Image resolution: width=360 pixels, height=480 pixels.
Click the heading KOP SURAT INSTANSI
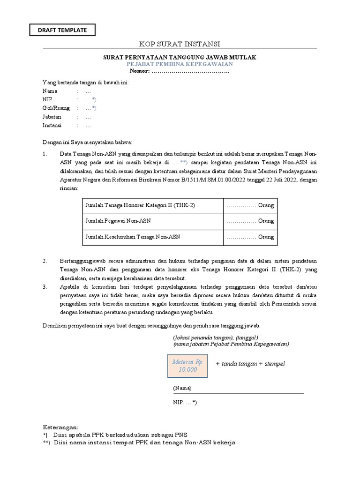[x=180, y=44]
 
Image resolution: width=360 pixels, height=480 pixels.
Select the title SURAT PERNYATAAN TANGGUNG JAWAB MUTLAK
[x=180, y=57]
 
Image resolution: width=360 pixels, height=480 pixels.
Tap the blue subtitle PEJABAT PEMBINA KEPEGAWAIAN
[x=180, y=64]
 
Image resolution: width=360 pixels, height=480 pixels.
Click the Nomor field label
[x=139, y=71]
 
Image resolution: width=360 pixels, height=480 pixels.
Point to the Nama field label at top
[x=50, y=91]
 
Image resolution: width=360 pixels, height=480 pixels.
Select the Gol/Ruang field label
[x=56, y=108]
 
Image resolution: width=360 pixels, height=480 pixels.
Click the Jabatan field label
[x=52, y=117]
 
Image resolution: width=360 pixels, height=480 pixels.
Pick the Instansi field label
[x=52, y=126]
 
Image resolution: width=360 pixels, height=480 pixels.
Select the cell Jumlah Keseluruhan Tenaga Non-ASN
[x=133, y=237]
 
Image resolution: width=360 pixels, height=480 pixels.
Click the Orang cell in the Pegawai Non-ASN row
[x=250, y=220]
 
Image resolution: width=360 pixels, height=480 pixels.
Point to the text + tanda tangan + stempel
[x=250, y=364]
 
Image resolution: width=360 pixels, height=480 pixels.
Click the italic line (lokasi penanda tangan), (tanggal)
[x=215, y=337]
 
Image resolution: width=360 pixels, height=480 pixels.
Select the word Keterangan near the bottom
[x=61, y=427]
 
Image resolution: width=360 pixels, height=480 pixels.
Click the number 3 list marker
[x=45, y=286]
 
